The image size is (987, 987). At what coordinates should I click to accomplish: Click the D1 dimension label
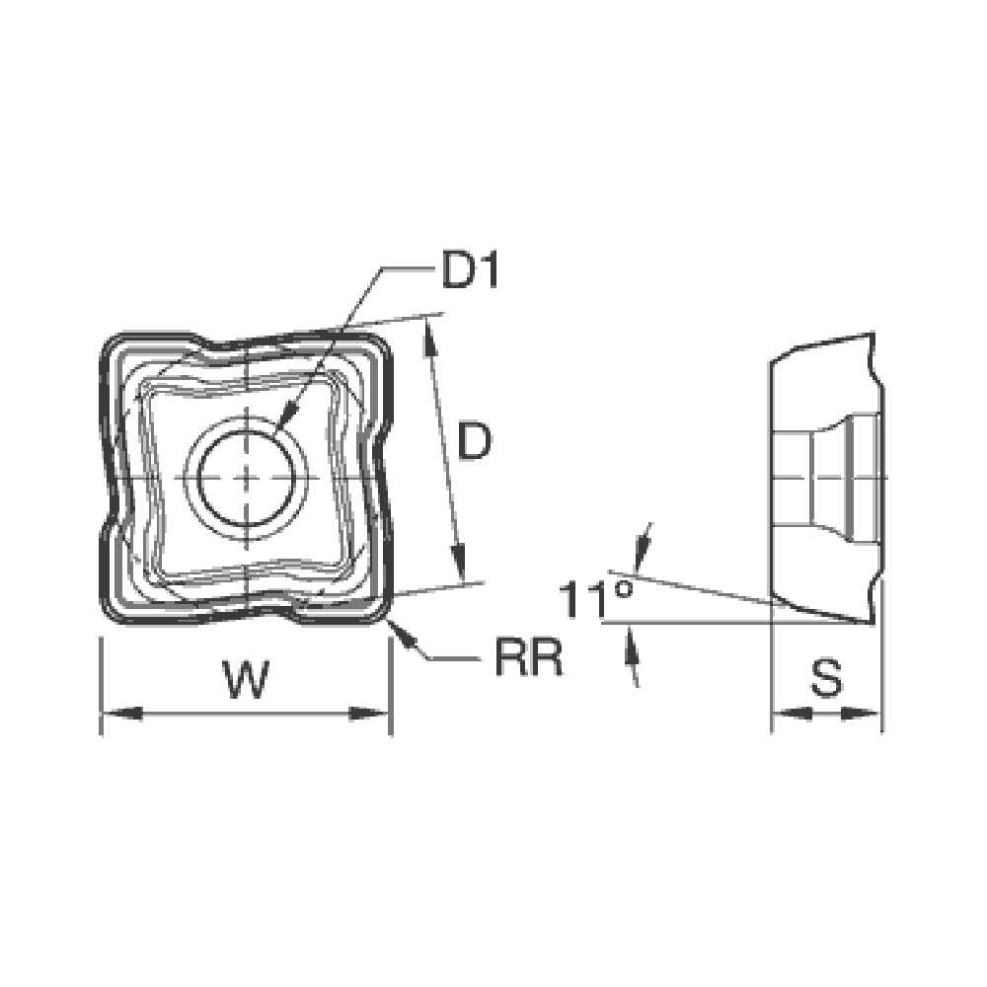tap(470, 270)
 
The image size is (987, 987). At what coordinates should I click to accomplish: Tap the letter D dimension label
tap(474, 441)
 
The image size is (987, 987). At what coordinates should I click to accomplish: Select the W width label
tap(248, 679)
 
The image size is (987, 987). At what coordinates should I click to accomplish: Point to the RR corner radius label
tap(529, 657)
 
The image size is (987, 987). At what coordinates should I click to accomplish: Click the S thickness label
tap(826, 677)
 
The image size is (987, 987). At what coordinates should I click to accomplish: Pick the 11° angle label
tap(595, 599)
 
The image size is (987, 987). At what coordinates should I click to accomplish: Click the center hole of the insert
tap(246, 477)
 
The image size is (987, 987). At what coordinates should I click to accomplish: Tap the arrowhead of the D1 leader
tap(285, 418)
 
